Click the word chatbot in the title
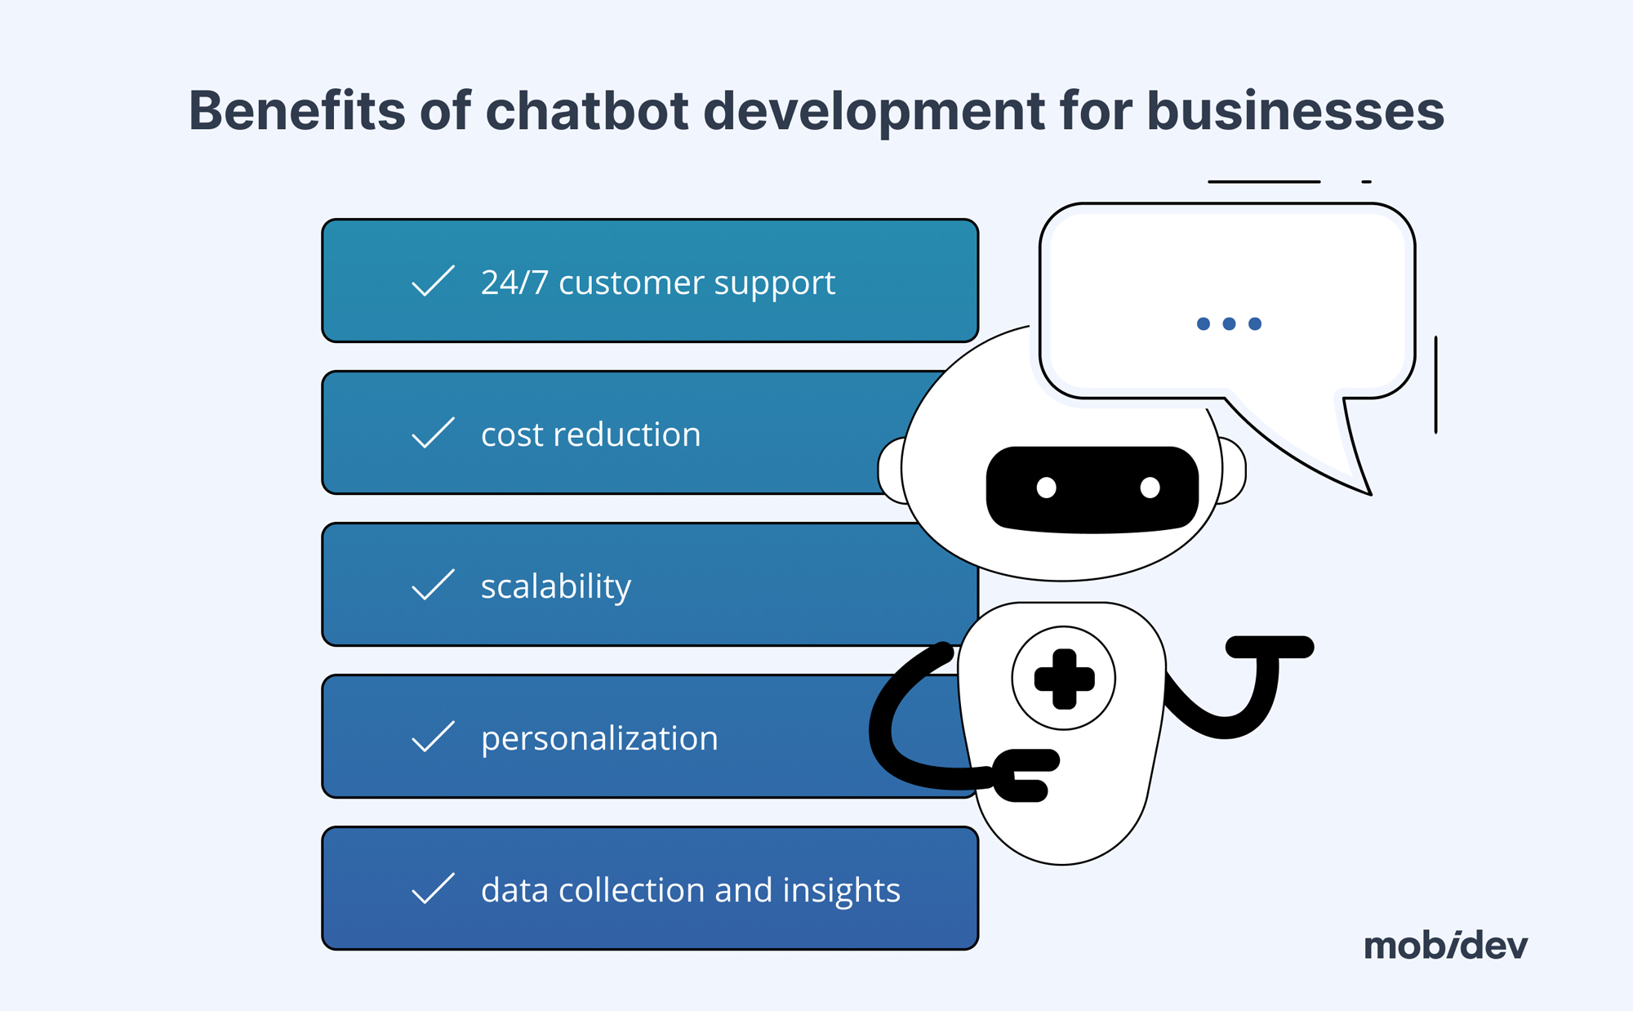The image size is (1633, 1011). [x=587, y=111]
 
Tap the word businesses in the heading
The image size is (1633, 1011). [x=1295, y=111]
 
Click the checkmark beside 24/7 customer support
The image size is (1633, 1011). [x=433, y=281]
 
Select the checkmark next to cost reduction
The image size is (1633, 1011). [x=433, y=433]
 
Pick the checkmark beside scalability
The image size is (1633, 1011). [x=433, y=585]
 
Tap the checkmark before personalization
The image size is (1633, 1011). [x=433, y=737]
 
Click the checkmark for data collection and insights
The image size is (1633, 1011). [x=433, y=889]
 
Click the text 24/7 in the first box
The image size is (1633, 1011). [x=514, y=283]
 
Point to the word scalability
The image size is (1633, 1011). [x=556, y=587]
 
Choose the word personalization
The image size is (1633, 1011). [x=599, y=739]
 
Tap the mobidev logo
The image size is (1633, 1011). [x=1445, y=946]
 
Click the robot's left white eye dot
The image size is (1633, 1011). [x=1046, y=488]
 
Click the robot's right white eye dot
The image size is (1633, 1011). [x=1150, y=488]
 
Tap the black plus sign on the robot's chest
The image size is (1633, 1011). [x=1063, y=679]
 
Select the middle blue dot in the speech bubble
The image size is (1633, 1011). [x=1229, y=324]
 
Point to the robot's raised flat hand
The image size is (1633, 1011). [x=1270, y=648]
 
